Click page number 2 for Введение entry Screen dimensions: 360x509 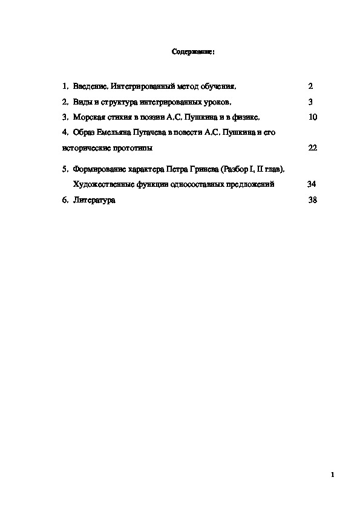(x=310, y=86)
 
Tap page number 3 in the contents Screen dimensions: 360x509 (x=310, y=102)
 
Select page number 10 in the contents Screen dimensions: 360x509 (x=312, y=117)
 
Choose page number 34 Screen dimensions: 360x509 (x=312, y=184)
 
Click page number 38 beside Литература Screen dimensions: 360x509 (x=312, y=200)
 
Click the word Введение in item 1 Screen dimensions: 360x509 (x=91, y=86)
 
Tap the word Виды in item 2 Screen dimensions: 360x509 (x=82, y=102)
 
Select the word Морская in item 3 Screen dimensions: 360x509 (x=88, y=117)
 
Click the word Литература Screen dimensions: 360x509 (x=93, y=200)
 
